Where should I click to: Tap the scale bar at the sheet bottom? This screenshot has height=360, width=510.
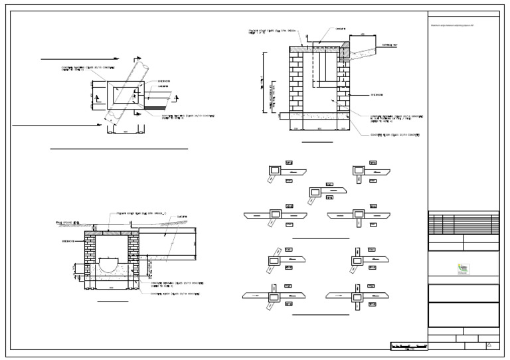[x=407, y=347]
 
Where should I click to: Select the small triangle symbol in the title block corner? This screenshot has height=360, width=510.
[x=489, y=345]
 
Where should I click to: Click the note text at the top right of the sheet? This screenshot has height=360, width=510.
[x=452, y=25]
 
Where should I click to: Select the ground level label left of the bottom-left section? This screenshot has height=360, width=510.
[x=68, y=224]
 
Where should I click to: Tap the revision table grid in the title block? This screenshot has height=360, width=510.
[x=464, y=223]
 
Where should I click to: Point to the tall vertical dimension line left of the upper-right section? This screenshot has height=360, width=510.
[x=265, y=86]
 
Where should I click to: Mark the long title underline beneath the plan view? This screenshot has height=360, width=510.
[x=120, y=149]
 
